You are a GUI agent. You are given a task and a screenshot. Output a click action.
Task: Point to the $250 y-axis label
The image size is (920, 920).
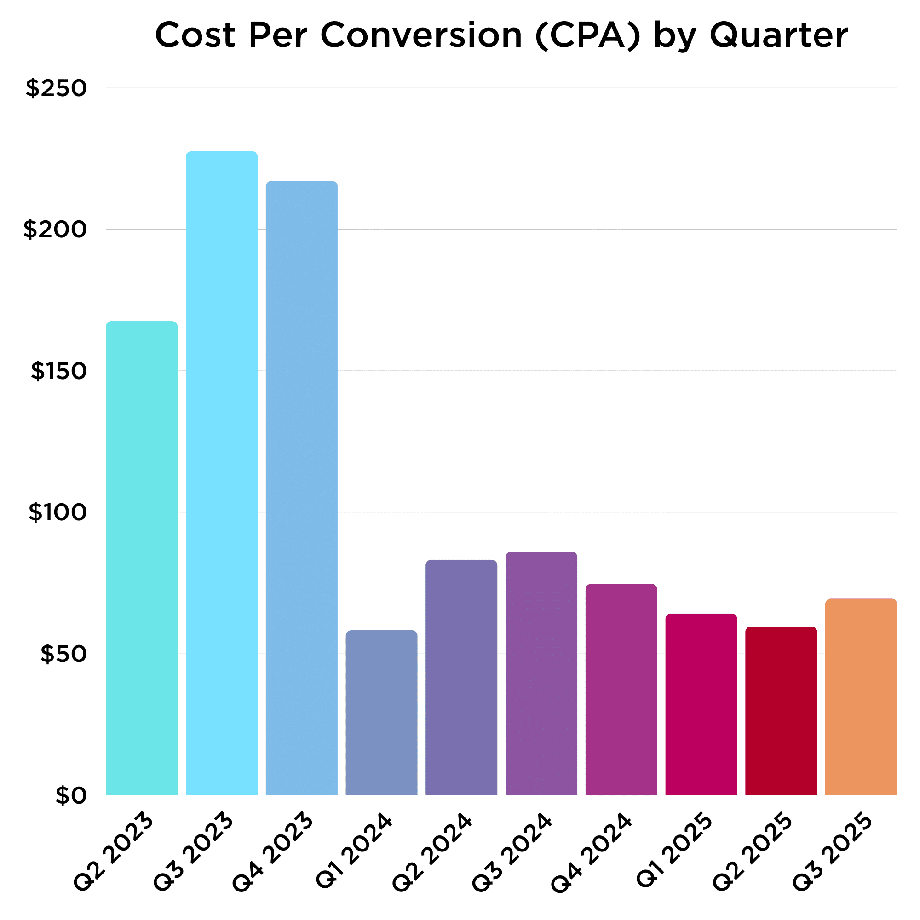pos(56,89)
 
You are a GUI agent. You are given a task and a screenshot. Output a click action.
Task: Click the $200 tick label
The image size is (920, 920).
pos(55,230)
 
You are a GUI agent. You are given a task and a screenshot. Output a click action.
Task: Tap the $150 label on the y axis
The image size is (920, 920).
pos(59,371)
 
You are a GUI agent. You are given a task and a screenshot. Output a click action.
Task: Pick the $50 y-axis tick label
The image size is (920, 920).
pos(64,654)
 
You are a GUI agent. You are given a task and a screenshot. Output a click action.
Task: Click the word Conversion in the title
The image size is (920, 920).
pos(421,36)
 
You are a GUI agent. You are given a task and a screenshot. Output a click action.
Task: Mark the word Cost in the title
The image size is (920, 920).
pos(195,36)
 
